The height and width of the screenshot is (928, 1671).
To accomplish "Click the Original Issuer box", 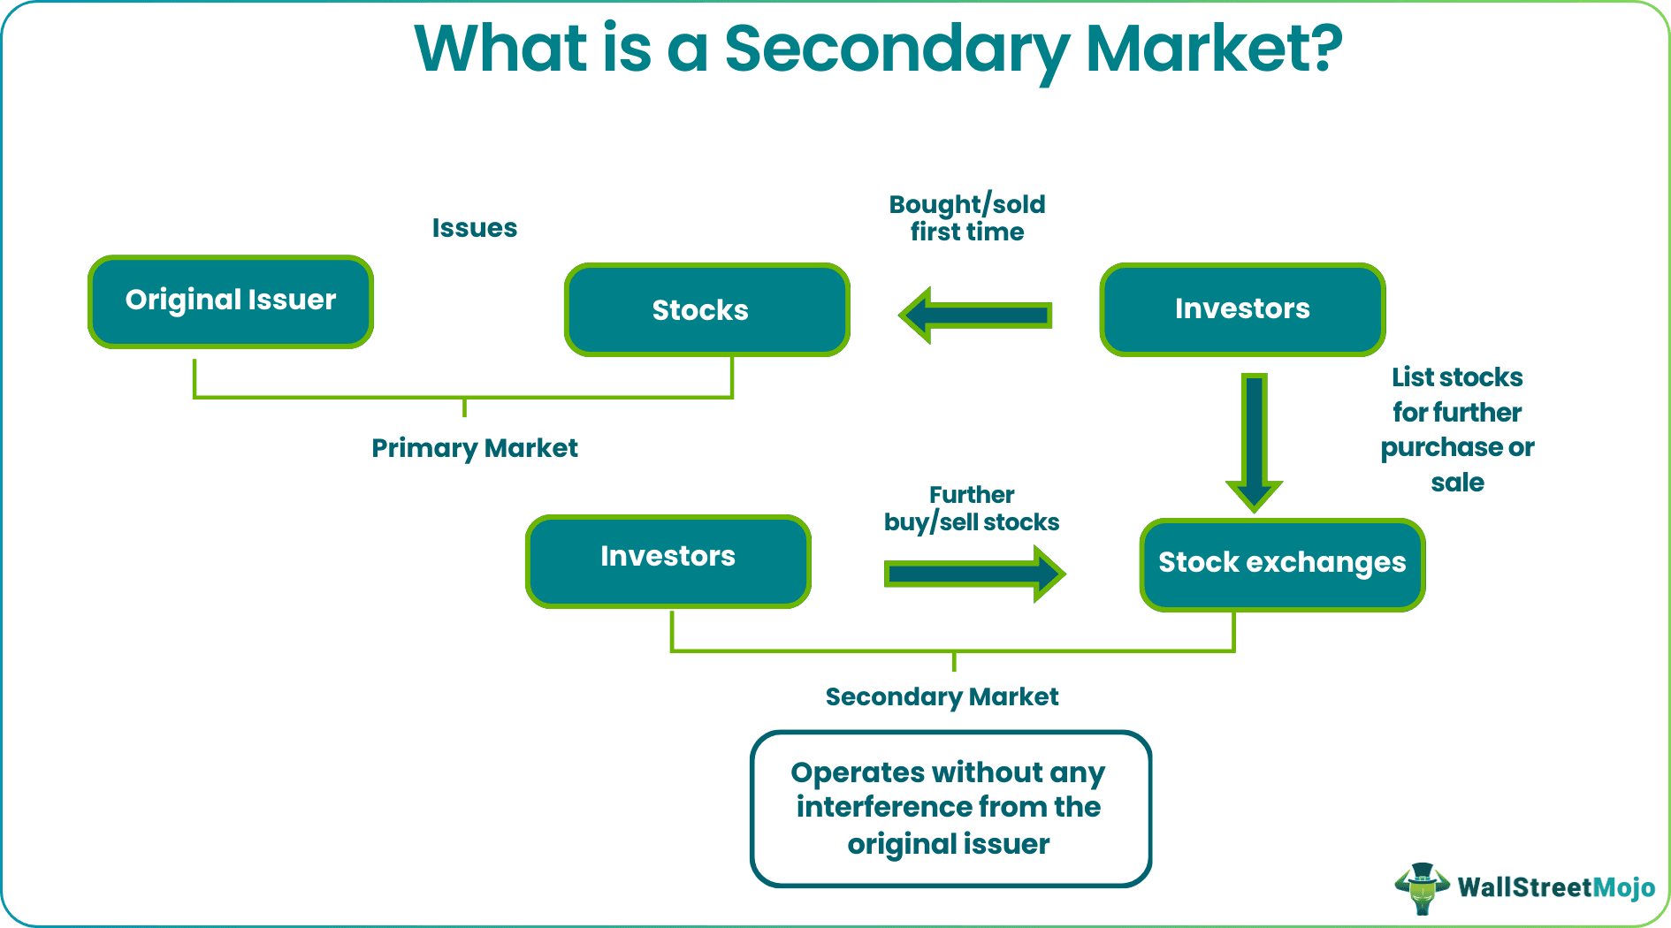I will point(231,301).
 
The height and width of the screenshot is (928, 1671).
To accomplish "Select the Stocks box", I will point(706,309).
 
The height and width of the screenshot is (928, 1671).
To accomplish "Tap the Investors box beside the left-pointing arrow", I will point(1241,308).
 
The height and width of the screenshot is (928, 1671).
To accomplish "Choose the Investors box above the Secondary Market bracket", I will point(668,560).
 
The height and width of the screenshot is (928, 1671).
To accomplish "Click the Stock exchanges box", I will point(1281,564).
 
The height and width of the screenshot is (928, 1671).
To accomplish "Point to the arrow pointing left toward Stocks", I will point(975,315).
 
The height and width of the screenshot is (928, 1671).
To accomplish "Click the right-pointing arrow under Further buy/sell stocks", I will point(973,574).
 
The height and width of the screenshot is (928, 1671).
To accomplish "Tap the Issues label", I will point(474,228).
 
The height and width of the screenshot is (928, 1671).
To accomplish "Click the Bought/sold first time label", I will point(967,217).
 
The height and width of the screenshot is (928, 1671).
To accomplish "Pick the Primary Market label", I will point(474,448).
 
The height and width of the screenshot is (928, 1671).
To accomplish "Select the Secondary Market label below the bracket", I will point(942,696).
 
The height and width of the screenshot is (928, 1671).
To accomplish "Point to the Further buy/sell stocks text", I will point(971,508).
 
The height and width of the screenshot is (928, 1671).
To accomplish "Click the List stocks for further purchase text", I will point(1457,430).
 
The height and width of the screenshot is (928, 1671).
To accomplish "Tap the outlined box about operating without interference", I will point(950,808).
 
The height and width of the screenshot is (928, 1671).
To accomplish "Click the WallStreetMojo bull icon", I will point(1422,887).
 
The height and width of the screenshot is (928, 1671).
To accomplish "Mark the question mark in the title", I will point(1327,49).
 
